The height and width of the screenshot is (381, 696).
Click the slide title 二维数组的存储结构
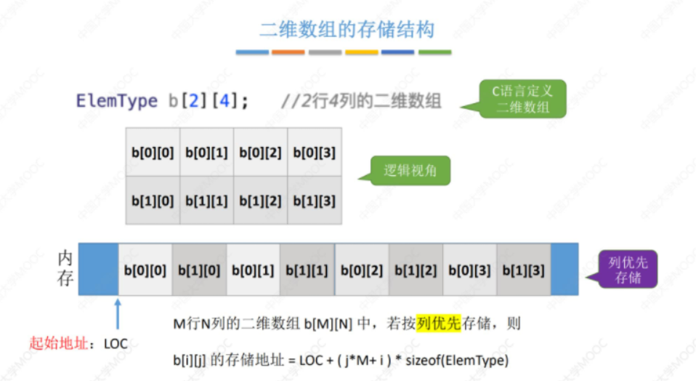347,30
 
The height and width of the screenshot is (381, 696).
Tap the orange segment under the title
288,52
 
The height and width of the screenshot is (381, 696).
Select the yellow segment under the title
362,52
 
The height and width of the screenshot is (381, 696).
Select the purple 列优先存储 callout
628,270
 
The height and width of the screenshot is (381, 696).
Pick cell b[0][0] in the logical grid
153,152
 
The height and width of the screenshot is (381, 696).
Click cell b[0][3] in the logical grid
314,152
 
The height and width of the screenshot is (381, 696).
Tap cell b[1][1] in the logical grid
206,201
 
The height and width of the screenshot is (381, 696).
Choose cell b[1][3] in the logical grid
314,201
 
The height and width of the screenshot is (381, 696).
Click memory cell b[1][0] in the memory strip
199,270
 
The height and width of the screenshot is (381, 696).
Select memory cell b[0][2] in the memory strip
361,270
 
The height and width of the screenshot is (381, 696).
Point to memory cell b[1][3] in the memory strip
524,270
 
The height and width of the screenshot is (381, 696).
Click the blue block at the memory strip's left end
97,269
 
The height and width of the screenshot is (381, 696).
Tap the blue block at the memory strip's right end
565,269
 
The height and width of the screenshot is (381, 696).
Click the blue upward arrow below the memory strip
117,313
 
